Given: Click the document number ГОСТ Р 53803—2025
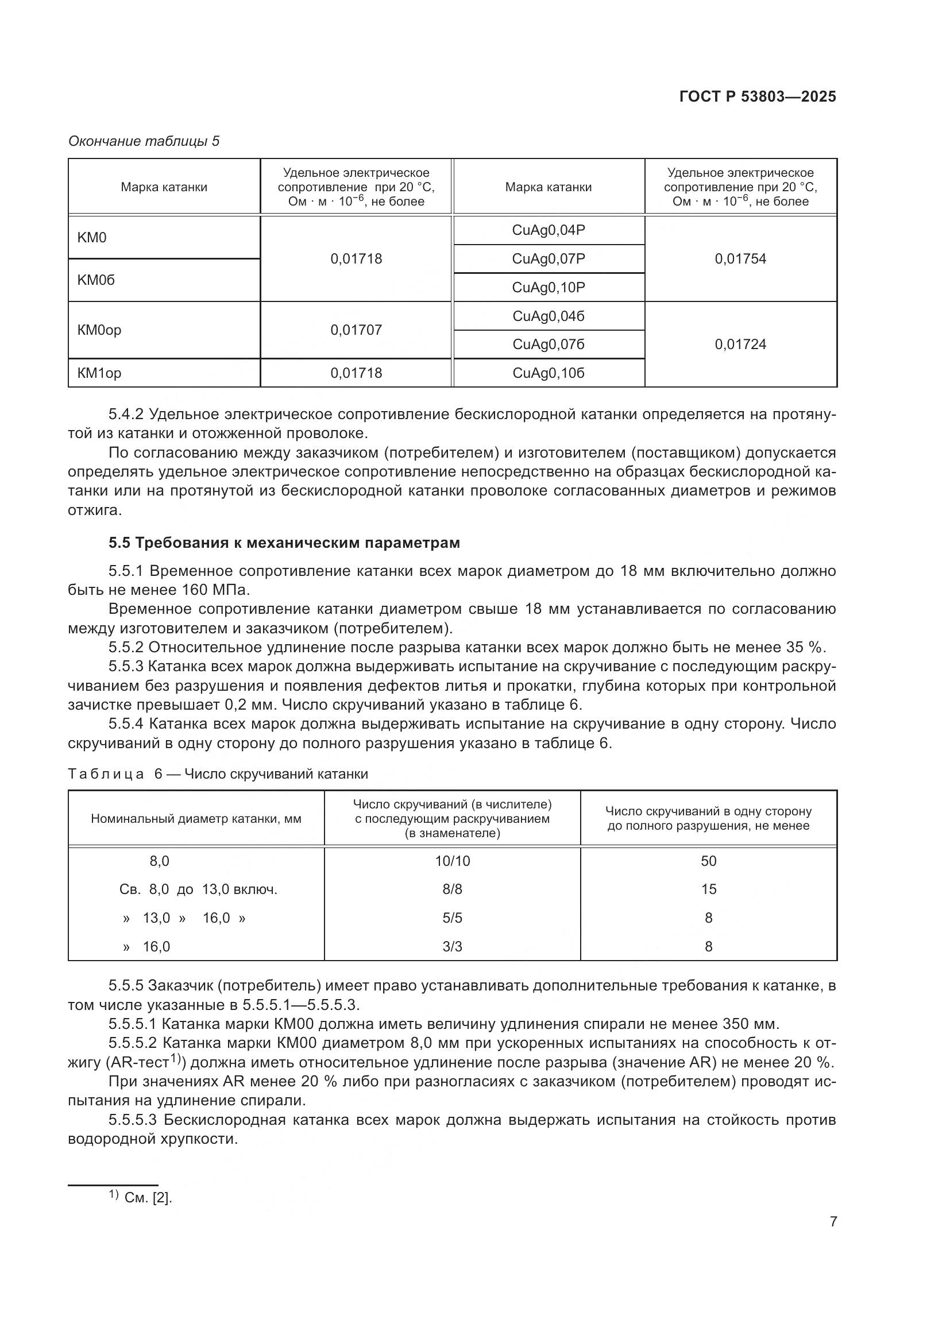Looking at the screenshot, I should pyautogui.click(x=758, y=96).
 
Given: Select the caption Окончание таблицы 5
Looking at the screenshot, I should pyautogui.click(x=144, y=141).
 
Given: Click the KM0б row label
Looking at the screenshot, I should pyautogui.click(x=96, y=280).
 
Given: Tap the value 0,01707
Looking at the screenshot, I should pyautogui.click(x=356, y=330).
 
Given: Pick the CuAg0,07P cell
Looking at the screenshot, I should pyautogui.click(x=548, y=258).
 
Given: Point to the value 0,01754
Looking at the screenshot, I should pyautogui.click(x=740, y=258).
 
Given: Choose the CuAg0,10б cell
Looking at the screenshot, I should pyautogui.click(x=548, y=373).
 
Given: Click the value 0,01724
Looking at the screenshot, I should pyautogui.click(x=740, y=345).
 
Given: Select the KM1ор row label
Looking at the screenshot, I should pyautogui.click(x=99, y=373).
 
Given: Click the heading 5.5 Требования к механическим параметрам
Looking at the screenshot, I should pyautogui.click(x=284, y=543).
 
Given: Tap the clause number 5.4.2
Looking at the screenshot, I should pyautogui.click(x=126, y=415).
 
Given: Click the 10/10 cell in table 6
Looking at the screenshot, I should pyautogui.click(x=452, y=861).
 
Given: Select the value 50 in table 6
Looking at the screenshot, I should pyautogui.click(x=708, y=861).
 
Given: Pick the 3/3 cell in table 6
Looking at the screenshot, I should pyautogui.click(x=452, y=946).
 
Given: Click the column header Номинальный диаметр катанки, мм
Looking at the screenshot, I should pyautogui.click(x=196, y=819).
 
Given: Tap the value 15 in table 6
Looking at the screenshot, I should pyautogui.click(x=708, y=889).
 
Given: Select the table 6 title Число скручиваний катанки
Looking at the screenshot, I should pyautogui.click(x=276, y=775).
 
